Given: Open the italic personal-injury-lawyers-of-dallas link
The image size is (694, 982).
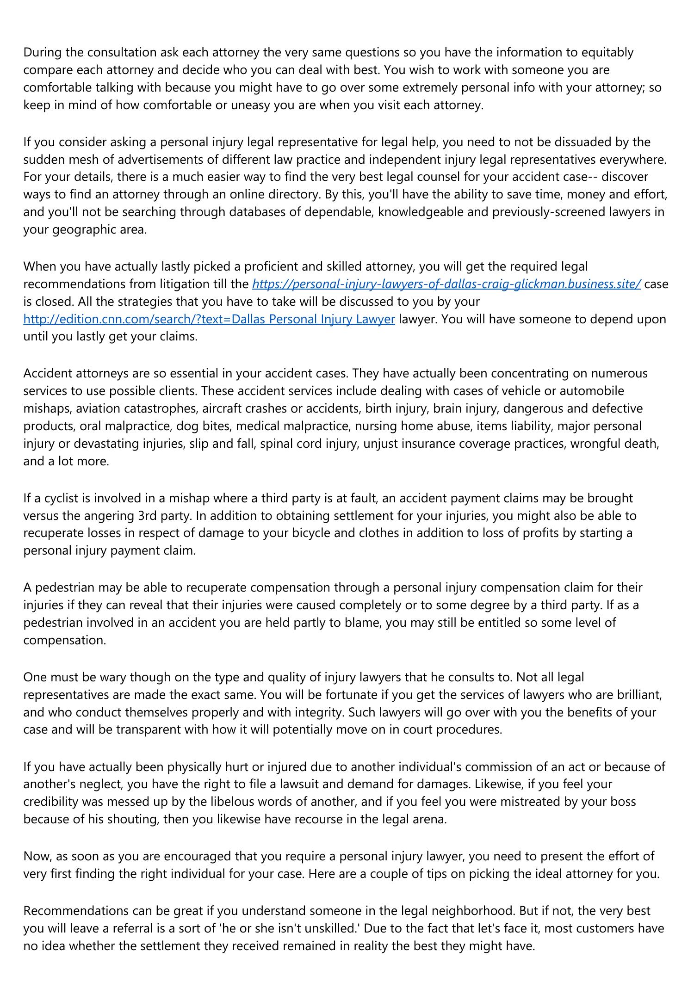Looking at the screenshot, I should (x=446, y=284).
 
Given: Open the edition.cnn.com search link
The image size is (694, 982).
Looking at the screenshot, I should (x=209, y=319).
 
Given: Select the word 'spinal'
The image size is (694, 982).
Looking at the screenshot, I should (x=277, y=444).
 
